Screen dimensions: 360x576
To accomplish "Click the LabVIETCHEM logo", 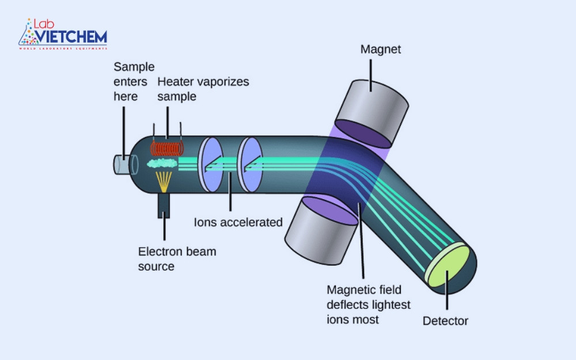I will click(x=63, y=34).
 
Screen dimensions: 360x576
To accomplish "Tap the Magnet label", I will click(x=380, y=49).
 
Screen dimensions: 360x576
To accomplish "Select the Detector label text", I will click(x=445, y=321).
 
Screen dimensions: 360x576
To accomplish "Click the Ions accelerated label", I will click(x=238, y=222).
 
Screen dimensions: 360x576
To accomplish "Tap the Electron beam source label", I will click(x=177, y=259).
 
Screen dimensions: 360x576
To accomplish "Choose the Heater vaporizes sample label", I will click(x=203, y=89).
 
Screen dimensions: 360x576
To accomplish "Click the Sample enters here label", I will click(x=134, y=81).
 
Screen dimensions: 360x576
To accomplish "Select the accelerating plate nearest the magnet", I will click(x=250, y=164).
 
